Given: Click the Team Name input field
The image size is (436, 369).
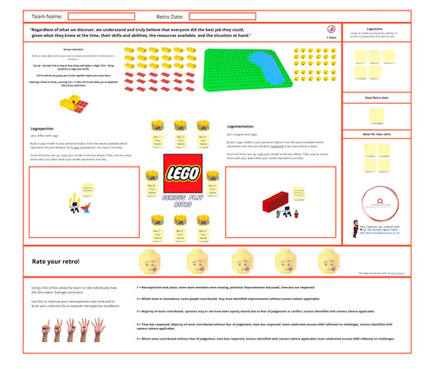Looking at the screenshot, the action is click(100, 16).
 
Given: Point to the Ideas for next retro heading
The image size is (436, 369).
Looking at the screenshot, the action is click(378, 133).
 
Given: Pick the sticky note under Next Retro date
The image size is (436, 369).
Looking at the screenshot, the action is click(378, 113).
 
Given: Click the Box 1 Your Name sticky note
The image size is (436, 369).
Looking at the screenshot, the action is click(157, 139).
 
